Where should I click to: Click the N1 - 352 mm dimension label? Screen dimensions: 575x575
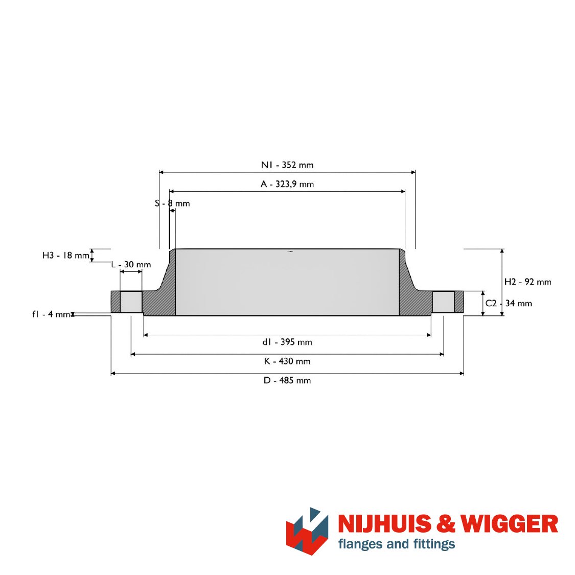pyautogui.click(x=287, y=165)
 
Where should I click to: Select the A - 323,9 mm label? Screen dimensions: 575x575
pyautogui.click(x=287, y=184)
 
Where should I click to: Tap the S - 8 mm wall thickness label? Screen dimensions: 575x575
pyautogui.click(x=172, y=203)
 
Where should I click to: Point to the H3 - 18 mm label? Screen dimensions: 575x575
pyautogui.click(x=66, y=255)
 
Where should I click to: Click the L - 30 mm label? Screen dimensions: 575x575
pyautogui.click(x=131, y=264)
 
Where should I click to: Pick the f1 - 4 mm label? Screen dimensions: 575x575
pyautogui.click(x=51, y=314)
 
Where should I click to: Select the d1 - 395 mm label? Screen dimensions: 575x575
pyautogui.click(x=287, y=342)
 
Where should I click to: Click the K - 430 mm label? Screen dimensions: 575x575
pyautogui.click(x=287, y=361)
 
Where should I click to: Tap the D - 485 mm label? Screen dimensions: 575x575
pyautogui.click(x=287, y=380)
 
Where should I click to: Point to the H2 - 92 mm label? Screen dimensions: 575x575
pyautogui.click(x=527, y=282)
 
